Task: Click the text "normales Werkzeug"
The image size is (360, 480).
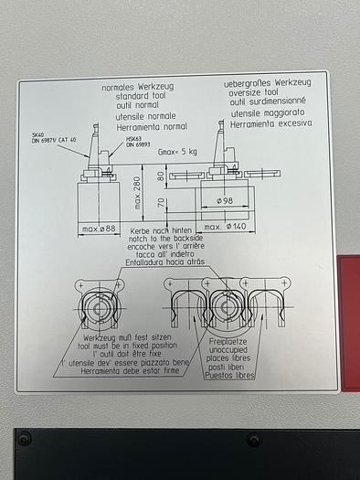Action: [139, 86]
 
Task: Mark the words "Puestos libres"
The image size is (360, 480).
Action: [232, 375]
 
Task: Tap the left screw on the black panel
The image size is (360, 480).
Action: [25, 438]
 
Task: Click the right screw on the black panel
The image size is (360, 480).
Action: [253, 440]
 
